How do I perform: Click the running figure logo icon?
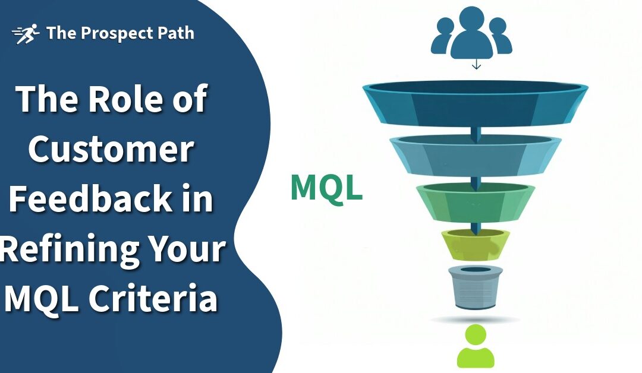coord(26,34)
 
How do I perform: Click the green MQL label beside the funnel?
coord(326,188)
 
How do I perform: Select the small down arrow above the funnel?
coord(476,64)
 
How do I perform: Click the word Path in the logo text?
coord(174,33)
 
